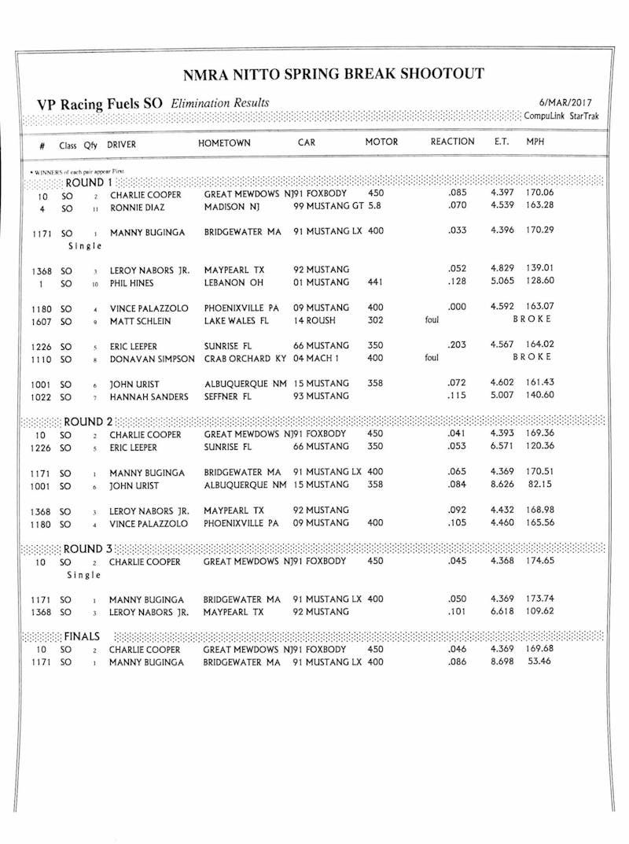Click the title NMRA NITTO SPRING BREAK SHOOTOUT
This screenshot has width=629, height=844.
(333, 76)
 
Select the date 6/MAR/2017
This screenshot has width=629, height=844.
(565, 103)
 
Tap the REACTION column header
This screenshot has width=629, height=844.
(452, 142)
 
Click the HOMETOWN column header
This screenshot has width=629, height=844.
(225, 143)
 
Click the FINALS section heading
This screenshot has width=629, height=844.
(82, 636)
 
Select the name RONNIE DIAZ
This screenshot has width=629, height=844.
(138, 208)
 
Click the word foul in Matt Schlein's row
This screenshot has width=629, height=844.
(432, 320)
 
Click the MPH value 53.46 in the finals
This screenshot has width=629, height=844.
(539, 662)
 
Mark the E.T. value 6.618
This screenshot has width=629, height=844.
(502, 611)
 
